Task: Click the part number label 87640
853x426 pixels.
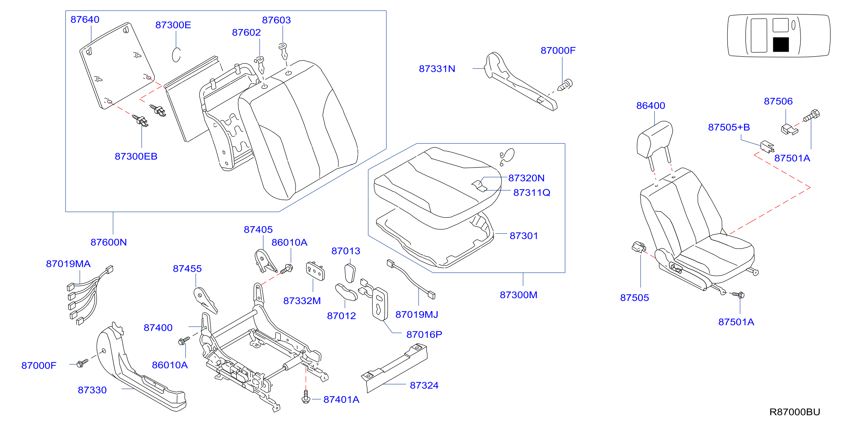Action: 85,20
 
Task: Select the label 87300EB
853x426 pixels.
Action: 136,156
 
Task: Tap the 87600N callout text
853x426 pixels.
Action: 109,242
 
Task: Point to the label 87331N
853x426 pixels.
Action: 437,69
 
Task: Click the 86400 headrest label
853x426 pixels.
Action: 651,106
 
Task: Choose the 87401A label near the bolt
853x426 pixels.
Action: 341,400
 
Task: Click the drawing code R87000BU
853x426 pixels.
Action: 795,412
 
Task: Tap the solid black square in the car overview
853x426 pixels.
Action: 781,45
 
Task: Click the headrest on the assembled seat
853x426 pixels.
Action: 655,140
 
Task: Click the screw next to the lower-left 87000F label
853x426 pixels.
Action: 82,363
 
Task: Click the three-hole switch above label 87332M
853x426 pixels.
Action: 315,271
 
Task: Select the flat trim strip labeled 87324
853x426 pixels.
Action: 394,368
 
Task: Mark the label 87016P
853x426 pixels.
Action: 424,335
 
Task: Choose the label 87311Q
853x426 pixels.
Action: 532,193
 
